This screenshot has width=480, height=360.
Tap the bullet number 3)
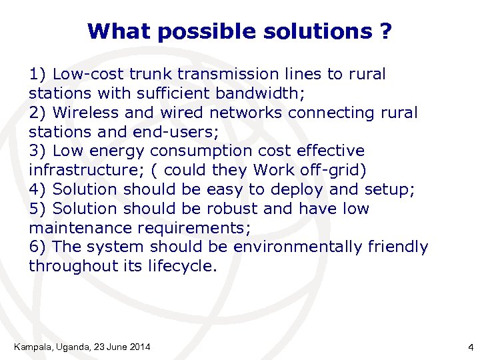click(38, 151)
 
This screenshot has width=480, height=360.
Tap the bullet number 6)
click(38, 247)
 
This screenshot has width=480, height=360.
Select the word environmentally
click(297, 247)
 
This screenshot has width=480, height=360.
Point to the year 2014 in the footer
click(139, 347)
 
